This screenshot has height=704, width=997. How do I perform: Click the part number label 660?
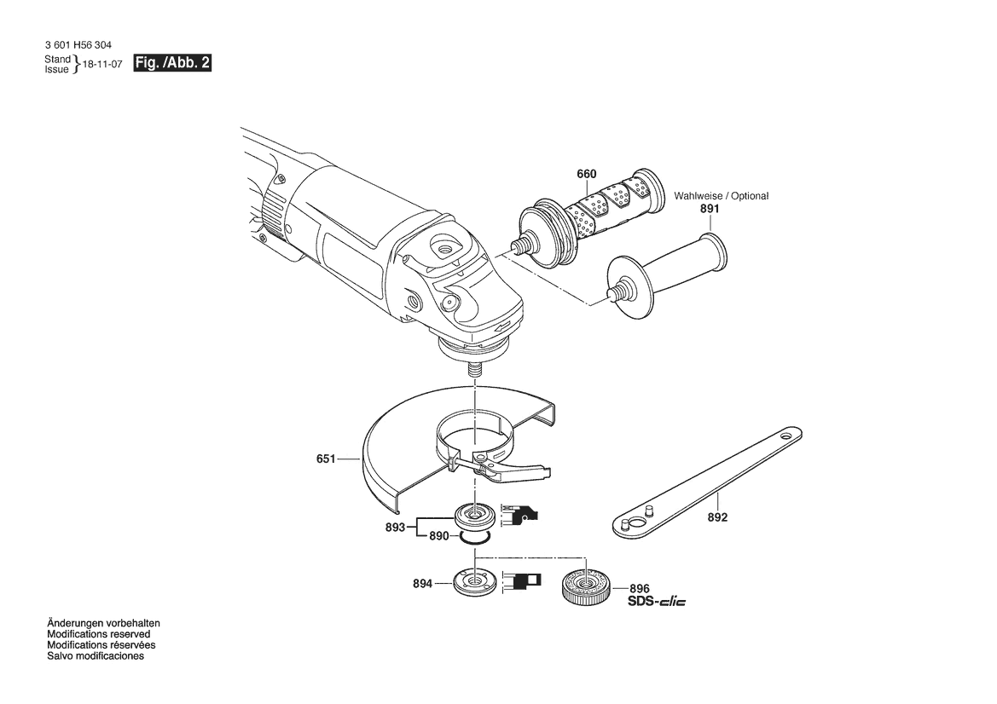pyautogui.click(x=586, y=174)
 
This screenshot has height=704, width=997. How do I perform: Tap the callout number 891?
pyautogui.click(x=710, y=209)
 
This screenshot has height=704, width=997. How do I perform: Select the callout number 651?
pyautogui.click(x=326, y=458)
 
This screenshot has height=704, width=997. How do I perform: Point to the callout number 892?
pyautogui.click(x=717, y=517)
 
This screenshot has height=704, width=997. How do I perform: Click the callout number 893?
pyautogui.click(x=395, y=527)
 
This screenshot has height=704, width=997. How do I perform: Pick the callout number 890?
pyautogui.click(x=438, y=536)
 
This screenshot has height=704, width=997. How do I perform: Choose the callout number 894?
pyautogui.click(x=422, y=583)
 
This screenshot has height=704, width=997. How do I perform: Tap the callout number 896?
pyautogui.click(x=640, y=589)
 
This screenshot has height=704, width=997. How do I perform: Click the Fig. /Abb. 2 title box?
pyautogui.click(x=171, y=63)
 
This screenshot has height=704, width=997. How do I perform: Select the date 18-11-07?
pyautogui.click(x=102, y=65)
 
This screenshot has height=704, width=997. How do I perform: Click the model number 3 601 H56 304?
pyautogui.click(x=78, y=45)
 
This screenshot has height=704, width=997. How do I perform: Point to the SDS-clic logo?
pyautogui.click(x=657, y=601)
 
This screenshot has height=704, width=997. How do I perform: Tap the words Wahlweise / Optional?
pyautogui.click(x=721, y=196)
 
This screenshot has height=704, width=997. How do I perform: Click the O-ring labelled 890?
pyautogui.click(x=475, y=538)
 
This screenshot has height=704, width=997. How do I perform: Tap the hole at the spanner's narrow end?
pyautogui.click(x=787, y=437)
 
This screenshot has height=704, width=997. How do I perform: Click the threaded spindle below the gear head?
pyautogui.click(x=473, y=368)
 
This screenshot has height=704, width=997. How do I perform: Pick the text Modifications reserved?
pyautogui.click(x=99, y=634)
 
